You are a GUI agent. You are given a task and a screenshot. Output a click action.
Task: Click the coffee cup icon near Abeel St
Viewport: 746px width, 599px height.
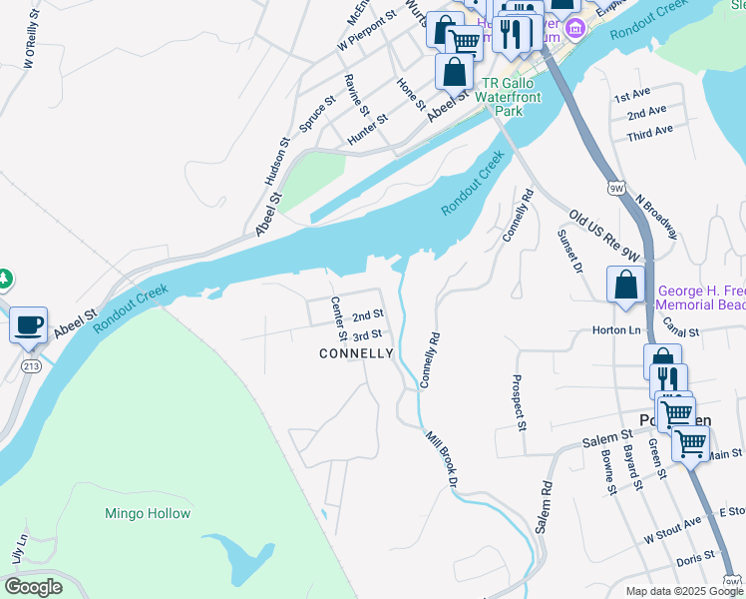point(28,324)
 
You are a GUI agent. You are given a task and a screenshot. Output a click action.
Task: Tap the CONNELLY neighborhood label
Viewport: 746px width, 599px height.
point(356,354)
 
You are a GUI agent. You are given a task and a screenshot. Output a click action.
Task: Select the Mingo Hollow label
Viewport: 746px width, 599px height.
point(147,514)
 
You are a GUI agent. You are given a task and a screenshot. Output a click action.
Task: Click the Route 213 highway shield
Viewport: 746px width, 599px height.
point(32,366)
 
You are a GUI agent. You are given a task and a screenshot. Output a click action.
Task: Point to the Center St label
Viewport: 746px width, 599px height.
point(337,316)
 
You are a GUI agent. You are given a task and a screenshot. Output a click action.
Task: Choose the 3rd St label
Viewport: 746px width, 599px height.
point(367,335)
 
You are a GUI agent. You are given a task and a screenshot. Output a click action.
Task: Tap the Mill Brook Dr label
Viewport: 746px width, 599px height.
point(440,459)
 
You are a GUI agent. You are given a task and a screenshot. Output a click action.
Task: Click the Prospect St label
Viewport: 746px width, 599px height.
point(517,402)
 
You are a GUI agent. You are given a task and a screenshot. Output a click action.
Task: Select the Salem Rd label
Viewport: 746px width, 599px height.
point(544,507)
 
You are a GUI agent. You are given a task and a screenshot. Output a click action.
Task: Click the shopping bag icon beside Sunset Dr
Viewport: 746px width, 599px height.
point(625,285)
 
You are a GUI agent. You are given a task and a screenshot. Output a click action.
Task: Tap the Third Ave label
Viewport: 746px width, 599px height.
point(650,132)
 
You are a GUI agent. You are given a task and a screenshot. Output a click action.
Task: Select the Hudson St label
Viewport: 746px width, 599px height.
point(276,162)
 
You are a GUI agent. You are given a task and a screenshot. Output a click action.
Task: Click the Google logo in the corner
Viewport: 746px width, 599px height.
point(34,587)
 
